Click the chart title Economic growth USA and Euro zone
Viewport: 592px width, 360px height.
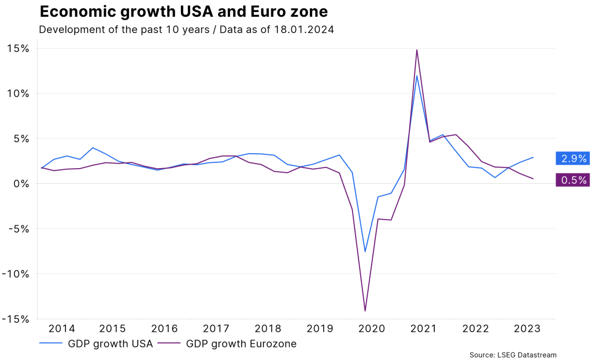click(183, 12)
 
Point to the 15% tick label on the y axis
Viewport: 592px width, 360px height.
click(17, 49)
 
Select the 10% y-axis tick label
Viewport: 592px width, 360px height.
click(17, 94)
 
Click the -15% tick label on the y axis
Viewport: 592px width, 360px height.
click(15, 319)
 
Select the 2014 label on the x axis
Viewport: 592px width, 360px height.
click(61, 329)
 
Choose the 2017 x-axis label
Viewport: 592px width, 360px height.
click(216, 329)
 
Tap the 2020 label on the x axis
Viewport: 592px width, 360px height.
click(372, 329)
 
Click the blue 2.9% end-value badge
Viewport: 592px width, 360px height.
click(572, 158)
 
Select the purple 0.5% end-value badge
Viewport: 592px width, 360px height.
click(572, 180)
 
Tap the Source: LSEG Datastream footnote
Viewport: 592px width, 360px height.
click(513, 355)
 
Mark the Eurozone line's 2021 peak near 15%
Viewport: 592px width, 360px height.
click(417, 50)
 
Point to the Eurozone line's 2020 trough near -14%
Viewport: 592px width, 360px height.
click(365, 311)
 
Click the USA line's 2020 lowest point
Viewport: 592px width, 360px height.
click(365, 251)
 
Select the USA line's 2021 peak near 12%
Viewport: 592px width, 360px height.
click(417, 76)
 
